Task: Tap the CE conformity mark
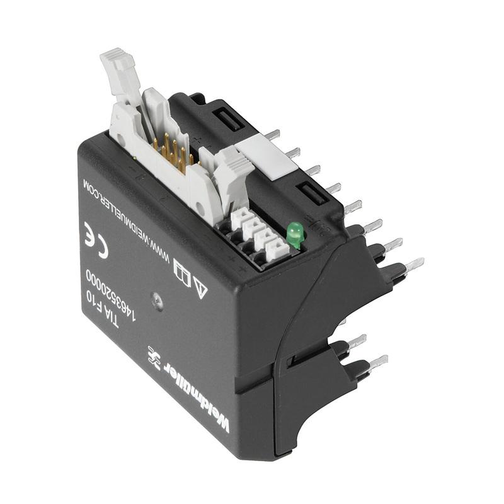[96, 239]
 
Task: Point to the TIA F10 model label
[101, 309]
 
